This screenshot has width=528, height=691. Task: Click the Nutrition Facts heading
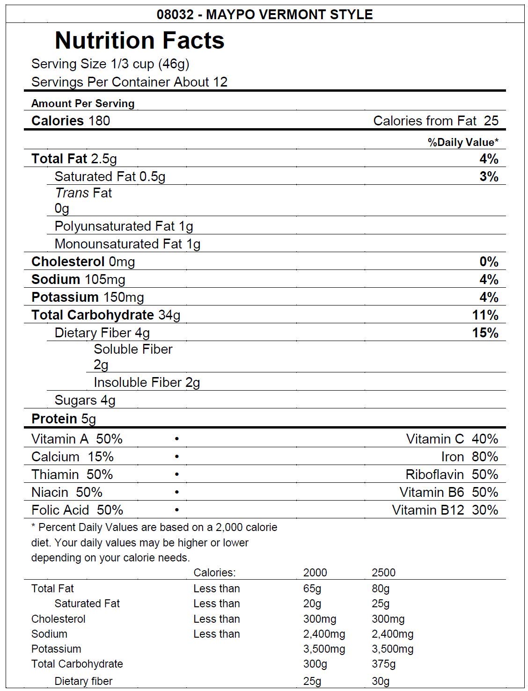click(139, 40)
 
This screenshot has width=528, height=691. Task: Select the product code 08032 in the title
click(175, 15)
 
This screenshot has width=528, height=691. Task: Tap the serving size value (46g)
click(174, 64)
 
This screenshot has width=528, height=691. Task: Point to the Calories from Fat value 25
click(491, 121)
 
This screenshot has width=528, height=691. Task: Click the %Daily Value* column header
click(463, 142)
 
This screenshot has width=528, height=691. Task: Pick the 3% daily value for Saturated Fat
click(489, 176)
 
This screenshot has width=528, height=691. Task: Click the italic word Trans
click(72, 193)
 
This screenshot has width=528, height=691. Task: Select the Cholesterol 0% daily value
click(489, 262)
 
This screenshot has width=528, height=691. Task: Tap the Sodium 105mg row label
click(78, 279)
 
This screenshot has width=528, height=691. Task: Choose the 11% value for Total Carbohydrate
click(485, 315)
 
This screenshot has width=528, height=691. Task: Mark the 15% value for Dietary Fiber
click(485, 333)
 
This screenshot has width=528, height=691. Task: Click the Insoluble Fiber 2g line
click(147, 382)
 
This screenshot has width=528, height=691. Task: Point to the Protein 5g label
click(64, 419)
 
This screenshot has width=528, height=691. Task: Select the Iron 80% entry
click(469, 457)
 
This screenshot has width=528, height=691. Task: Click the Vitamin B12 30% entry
click(445, 510)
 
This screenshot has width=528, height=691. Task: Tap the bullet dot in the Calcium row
click(177, 457)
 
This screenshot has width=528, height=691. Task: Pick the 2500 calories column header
click(383, 573)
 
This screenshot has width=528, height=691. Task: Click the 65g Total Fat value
click(312, 589)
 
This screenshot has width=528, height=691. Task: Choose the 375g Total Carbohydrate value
click(383, 664)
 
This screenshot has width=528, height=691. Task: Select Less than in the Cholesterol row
click(216, 619)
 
